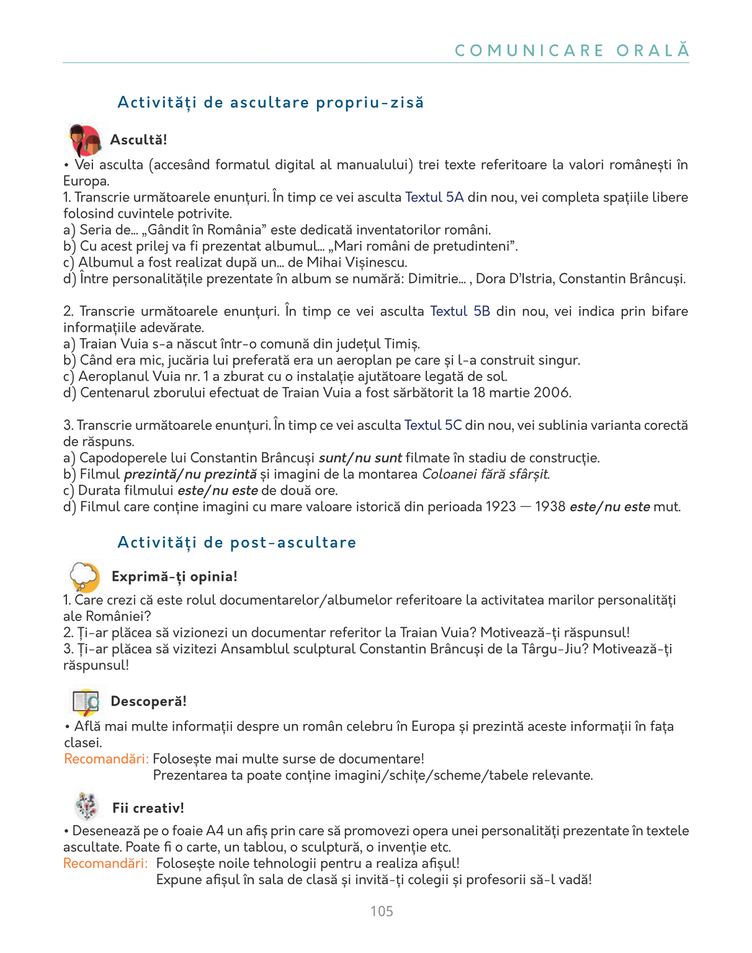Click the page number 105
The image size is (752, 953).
coord(382,911)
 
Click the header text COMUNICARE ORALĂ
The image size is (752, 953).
coord(571,50)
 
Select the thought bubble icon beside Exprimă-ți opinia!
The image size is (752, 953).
coord(85,577)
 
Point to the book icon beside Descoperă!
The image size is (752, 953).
coord(86,702)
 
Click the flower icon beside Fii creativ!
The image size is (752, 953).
coord(86,807)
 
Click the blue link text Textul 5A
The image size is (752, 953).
coord(434,197)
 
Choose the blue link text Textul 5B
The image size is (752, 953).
coord(460,311)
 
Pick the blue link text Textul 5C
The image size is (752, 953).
coord(433,425)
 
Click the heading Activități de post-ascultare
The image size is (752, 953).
coord(237,542)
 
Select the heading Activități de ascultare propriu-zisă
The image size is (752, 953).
coord(271,102)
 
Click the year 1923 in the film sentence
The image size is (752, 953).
coord(501,506)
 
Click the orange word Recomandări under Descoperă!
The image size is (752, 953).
coord(106,759)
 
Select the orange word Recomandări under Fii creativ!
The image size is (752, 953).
coord(105,863)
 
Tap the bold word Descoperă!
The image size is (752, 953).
coord(148,701)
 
